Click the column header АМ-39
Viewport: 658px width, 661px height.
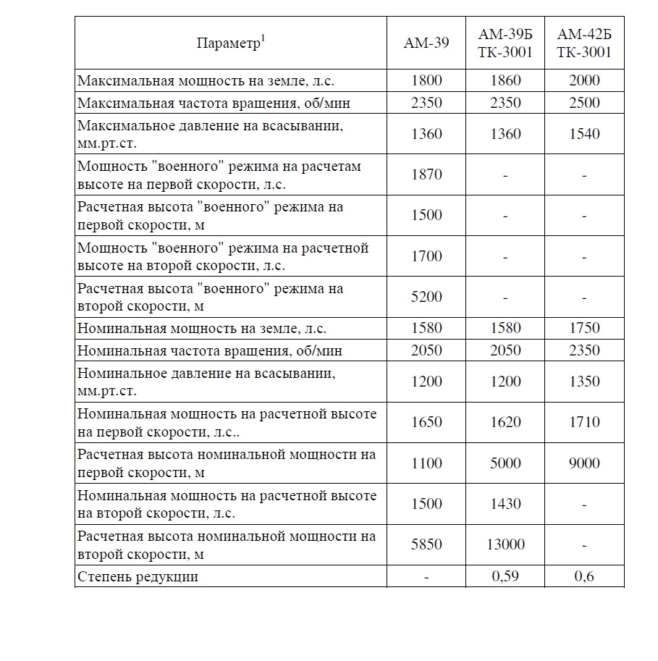pyautogui.click(x=426, y=43)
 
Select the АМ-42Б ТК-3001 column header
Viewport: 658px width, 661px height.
pyautogui.click(x=583, y=43)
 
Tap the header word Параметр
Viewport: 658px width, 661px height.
pyautogui.click(x=227, y=43)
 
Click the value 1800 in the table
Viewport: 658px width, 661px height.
pyautogui.click(x=426, y=80)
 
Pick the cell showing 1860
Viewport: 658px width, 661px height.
pyautogui.click(x=505, y=80)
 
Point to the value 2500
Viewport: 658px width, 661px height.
pyautogui.click(x=583, y=102)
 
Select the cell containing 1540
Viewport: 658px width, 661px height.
pyautogui.click(x=583, y=134)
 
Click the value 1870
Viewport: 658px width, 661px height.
pyautogui.click(x=426, y=174)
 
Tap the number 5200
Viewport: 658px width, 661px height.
pyautogui.click(x=426, y=297)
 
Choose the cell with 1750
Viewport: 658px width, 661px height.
pyautogui.click(x=583, y=328)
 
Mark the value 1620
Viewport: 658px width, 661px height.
pyautogui.click(x=505, y=422)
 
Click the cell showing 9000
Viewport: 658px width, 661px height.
pyautogui.click(x=583, y=463)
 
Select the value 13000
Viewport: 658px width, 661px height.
pyautogui.click(x=505, y=544)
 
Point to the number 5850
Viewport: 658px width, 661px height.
pyautogui.click(x=426, y=544)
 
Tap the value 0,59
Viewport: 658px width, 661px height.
pyautogui.click(x=505, y=577)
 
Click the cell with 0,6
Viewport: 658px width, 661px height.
pyautogui.click(x=583, y=577)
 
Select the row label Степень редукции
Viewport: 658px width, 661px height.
pyautogui.click(x=138, y=577)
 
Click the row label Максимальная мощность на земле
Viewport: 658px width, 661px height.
pyautogui.click(x=206, y=80)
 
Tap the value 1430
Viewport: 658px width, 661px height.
pyautogui.click(x=505, y=504)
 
